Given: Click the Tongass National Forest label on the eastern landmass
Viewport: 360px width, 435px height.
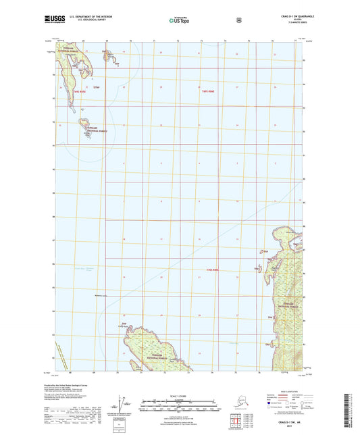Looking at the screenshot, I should pyautogui.click(x=292, y=286).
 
